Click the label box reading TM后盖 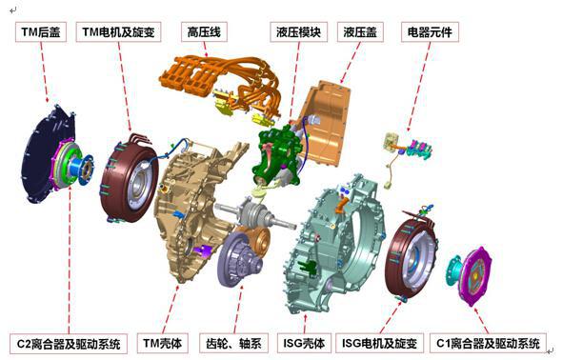[41, 32]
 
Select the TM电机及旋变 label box [118, 32]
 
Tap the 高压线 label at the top [204, 32]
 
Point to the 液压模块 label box [298, 32]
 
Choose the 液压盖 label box [360, 32]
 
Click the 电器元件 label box [430, 32]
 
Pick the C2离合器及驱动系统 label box [69, 344]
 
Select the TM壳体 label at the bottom [162, 344]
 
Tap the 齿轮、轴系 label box [233, 344]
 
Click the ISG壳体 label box [304, 344]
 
